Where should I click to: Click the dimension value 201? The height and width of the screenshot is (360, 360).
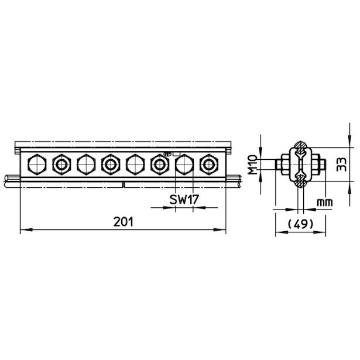pos(124,222)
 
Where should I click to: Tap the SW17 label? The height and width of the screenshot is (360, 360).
pos(184,200)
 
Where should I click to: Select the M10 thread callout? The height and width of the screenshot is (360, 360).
pos(253,164)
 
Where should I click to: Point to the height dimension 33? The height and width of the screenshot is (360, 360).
pos(341,164)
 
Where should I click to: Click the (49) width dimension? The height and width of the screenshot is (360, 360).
pos(300,224)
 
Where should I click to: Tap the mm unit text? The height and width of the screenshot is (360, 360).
pos(325,203)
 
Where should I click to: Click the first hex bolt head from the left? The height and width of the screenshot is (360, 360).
pos(37,164)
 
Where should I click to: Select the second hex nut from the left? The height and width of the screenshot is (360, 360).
pos(61,164)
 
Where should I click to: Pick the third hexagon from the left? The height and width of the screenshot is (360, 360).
pos(86,164)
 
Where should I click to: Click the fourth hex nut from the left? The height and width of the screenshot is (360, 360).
pos(111,164)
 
